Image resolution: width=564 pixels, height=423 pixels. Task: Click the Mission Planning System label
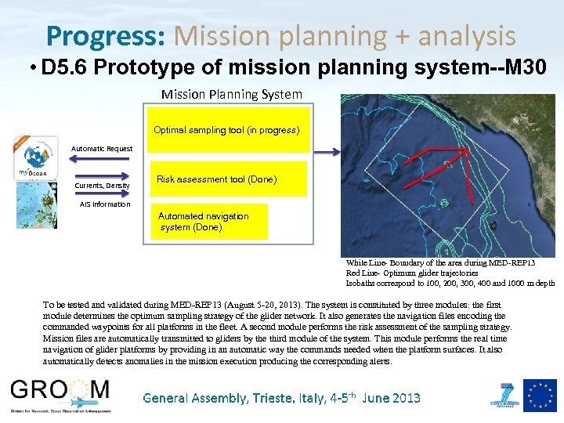(231, 94)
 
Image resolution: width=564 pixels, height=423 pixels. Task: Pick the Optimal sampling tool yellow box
(226, 130)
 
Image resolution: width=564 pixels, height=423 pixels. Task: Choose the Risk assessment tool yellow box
(215, 179)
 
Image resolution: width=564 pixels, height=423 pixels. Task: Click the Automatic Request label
(102, 148)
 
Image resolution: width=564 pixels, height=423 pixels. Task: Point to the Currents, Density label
(102, 186)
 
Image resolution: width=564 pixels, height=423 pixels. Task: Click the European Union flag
(540, 396)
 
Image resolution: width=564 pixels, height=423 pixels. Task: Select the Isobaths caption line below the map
(450, 283)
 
